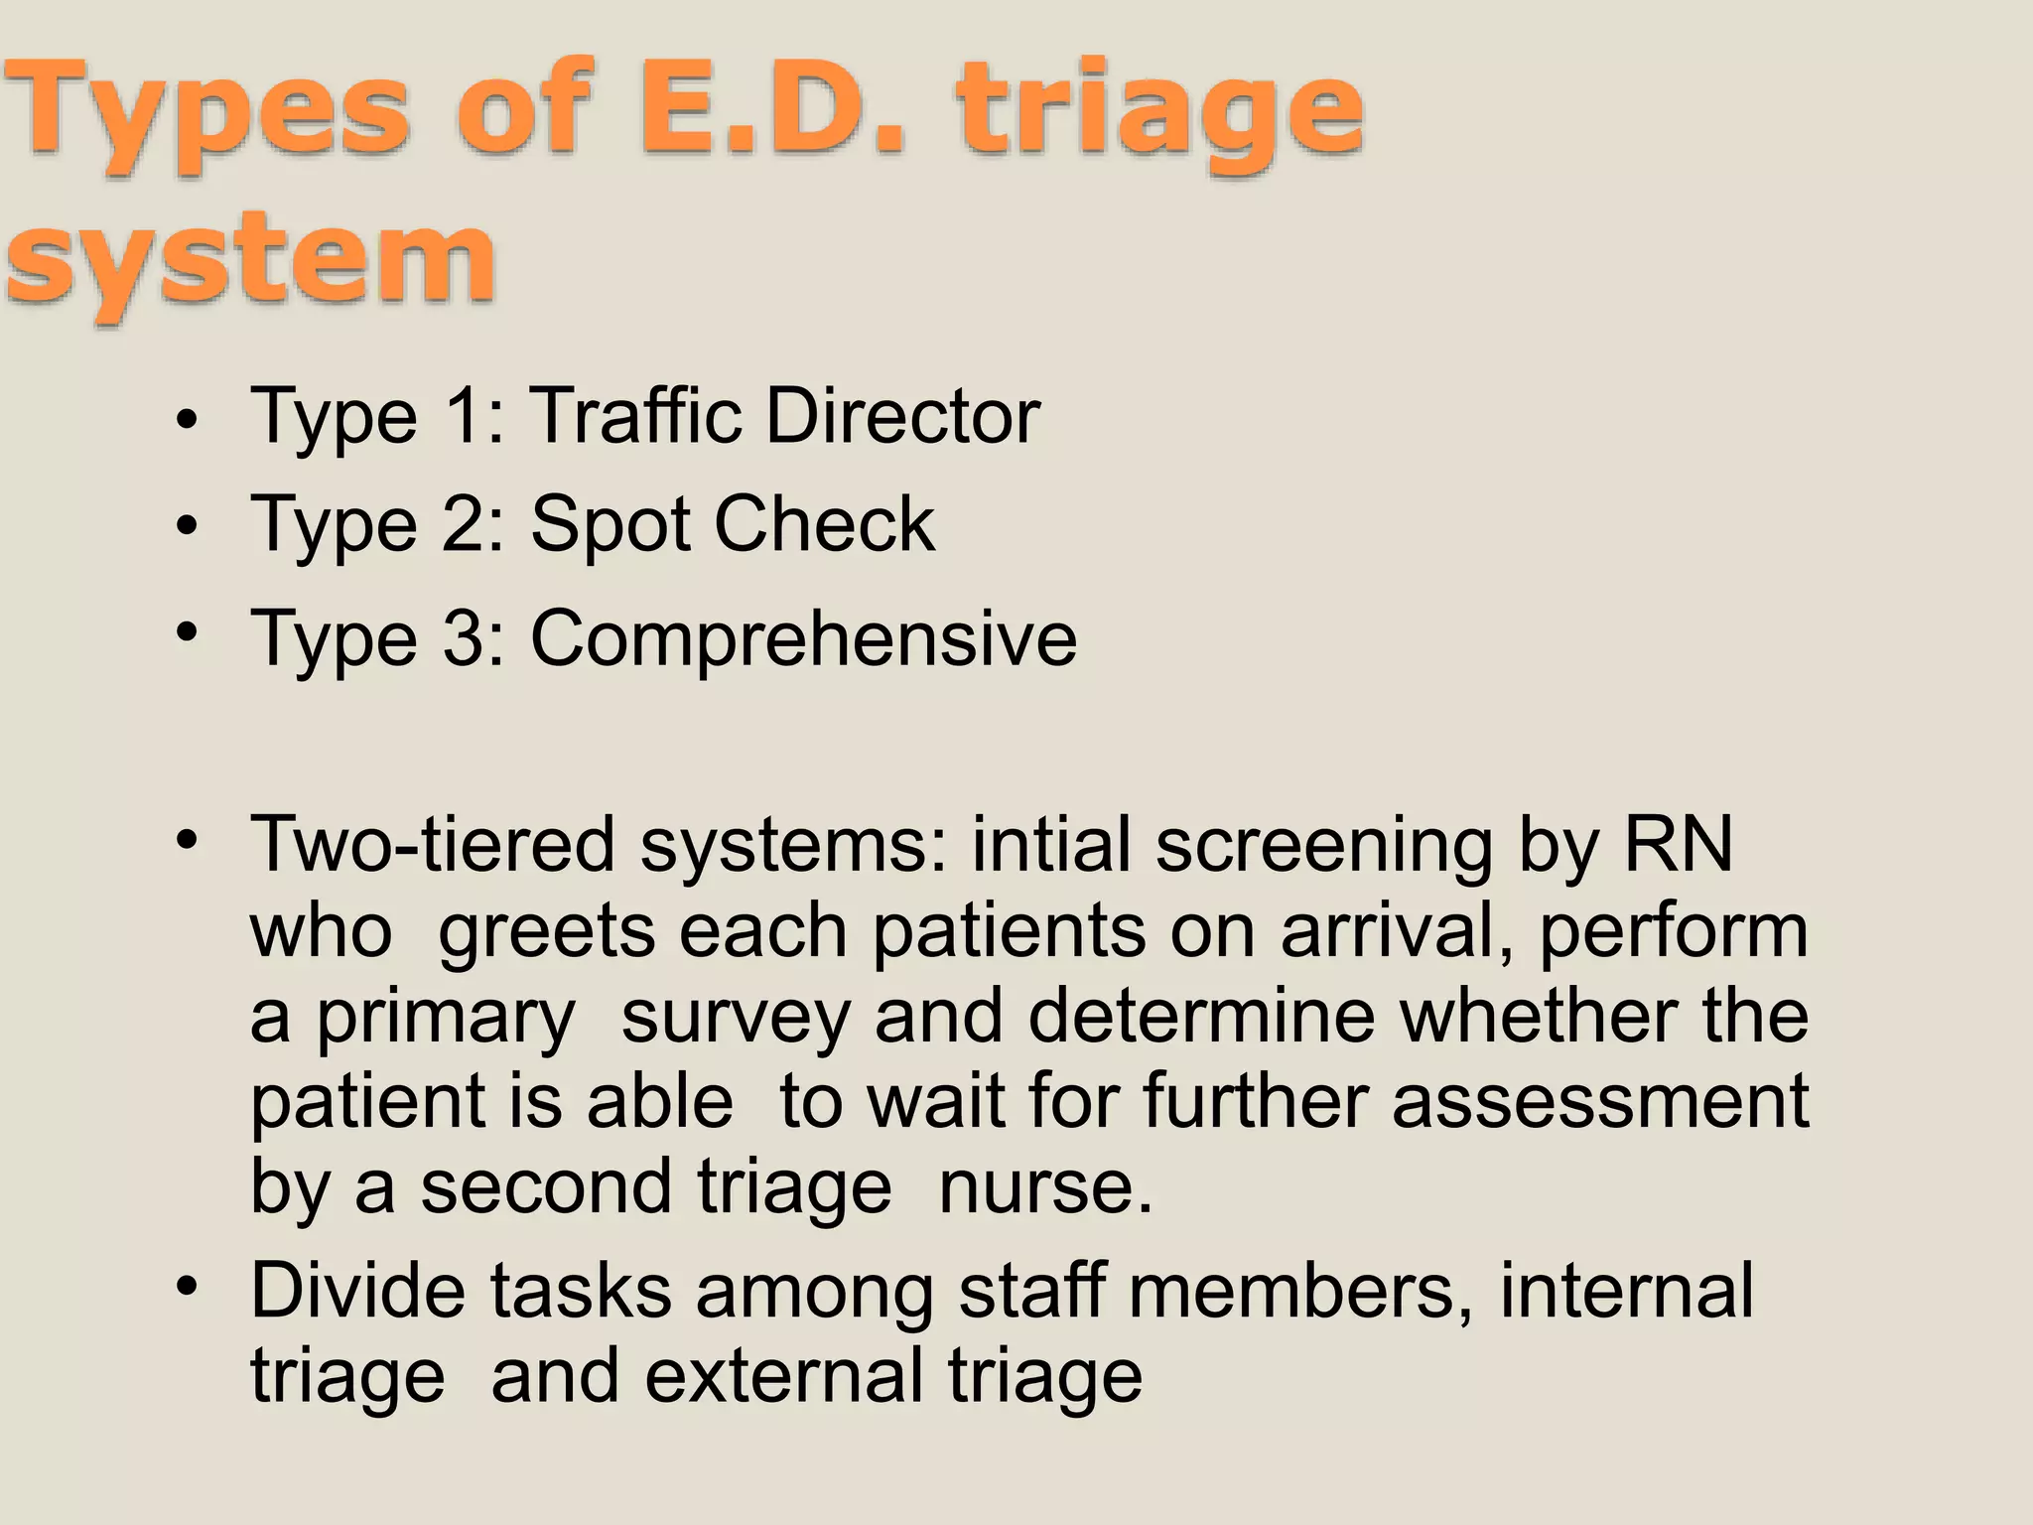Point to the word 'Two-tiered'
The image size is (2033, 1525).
[433, 845]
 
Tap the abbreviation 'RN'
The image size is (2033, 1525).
[1677, 845]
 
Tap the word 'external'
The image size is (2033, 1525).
[785, 1376]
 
